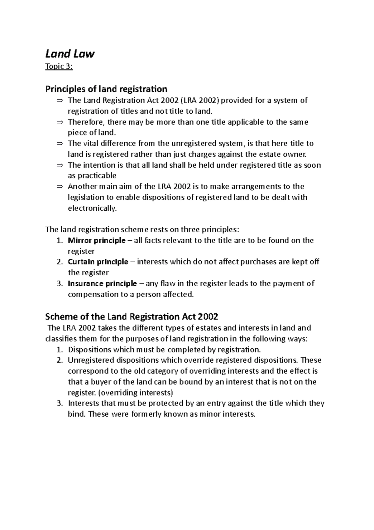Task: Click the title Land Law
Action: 70,54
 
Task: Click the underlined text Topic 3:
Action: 59,67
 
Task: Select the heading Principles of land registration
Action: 106,89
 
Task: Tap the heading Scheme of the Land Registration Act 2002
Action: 132,317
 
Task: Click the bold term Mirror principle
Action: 97,240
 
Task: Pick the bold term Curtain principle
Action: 98,262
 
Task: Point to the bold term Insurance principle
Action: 102,283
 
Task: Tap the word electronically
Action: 92,208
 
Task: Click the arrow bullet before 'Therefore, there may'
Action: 60,122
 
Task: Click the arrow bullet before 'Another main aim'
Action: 60,187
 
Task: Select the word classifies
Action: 61,339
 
